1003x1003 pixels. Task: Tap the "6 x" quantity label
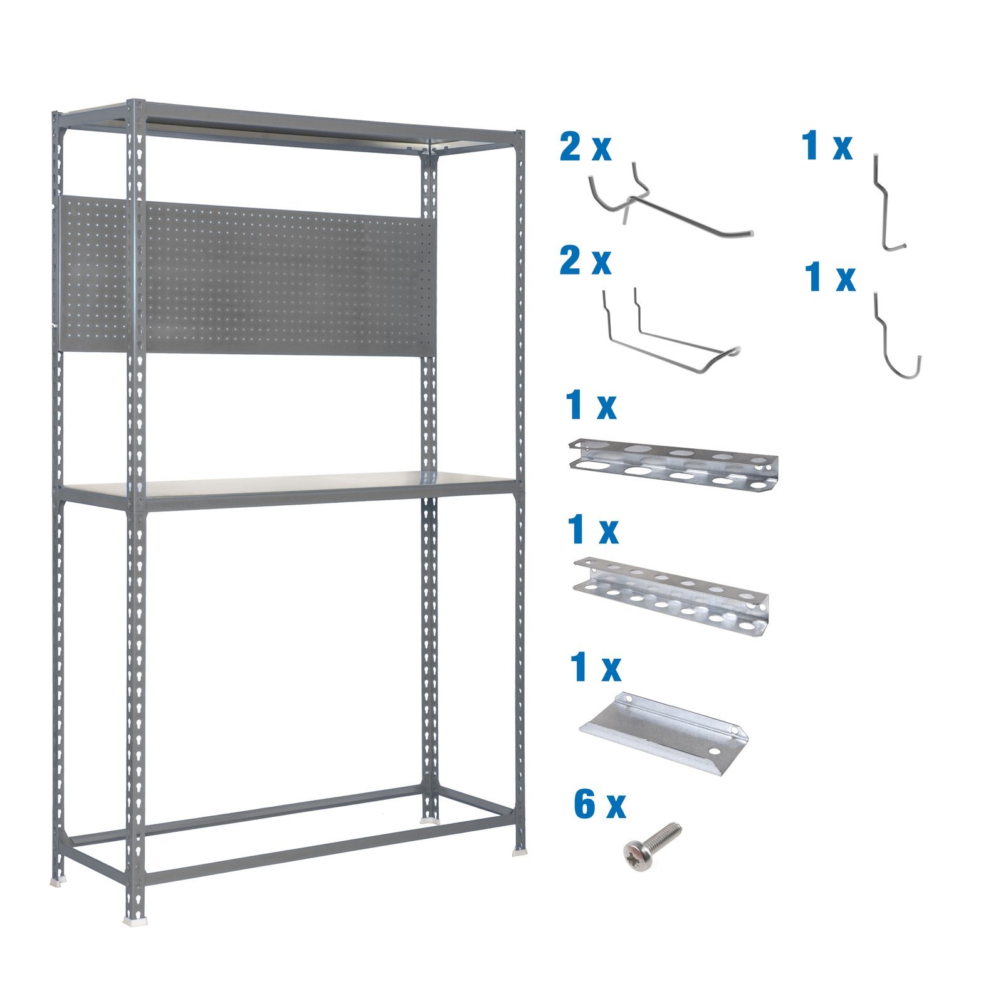point(599,805)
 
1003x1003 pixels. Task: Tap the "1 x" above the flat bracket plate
point(595,667)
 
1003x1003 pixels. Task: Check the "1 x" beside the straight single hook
point(827,147)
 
